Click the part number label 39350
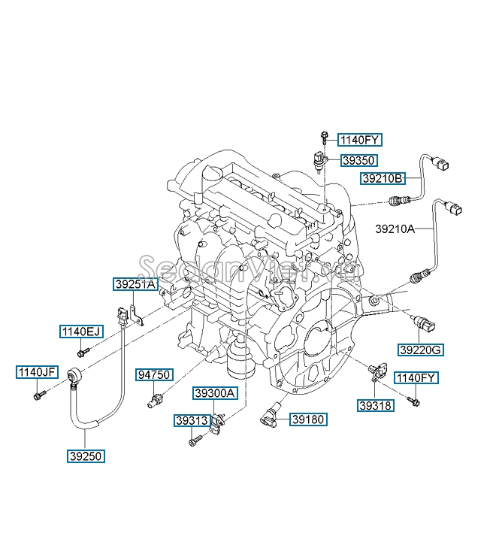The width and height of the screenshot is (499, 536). (x=358, y=160)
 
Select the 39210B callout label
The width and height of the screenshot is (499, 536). (x=383, y=178)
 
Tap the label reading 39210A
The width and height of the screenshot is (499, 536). (x=395, y=226)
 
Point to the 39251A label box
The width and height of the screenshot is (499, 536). (x=135, y=284)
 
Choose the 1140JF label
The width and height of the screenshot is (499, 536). (x=38, y=371)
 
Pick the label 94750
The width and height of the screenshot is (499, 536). (x=155, y=374)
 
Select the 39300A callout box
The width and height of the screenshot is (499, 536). (x=215, y=393)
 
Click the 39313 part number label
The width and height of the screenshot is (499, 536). (x=193, y=420)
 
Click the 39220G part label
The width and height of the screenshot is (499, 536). (x=421, y=350)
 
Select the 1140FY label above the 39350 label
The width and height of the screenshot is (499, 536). (x=360, y=139)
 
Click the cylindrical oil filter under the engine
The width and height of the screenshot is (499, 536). (x=240, y=361)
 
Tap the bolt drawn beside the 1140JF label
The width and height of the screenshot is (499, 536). (x=39, y=392)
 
